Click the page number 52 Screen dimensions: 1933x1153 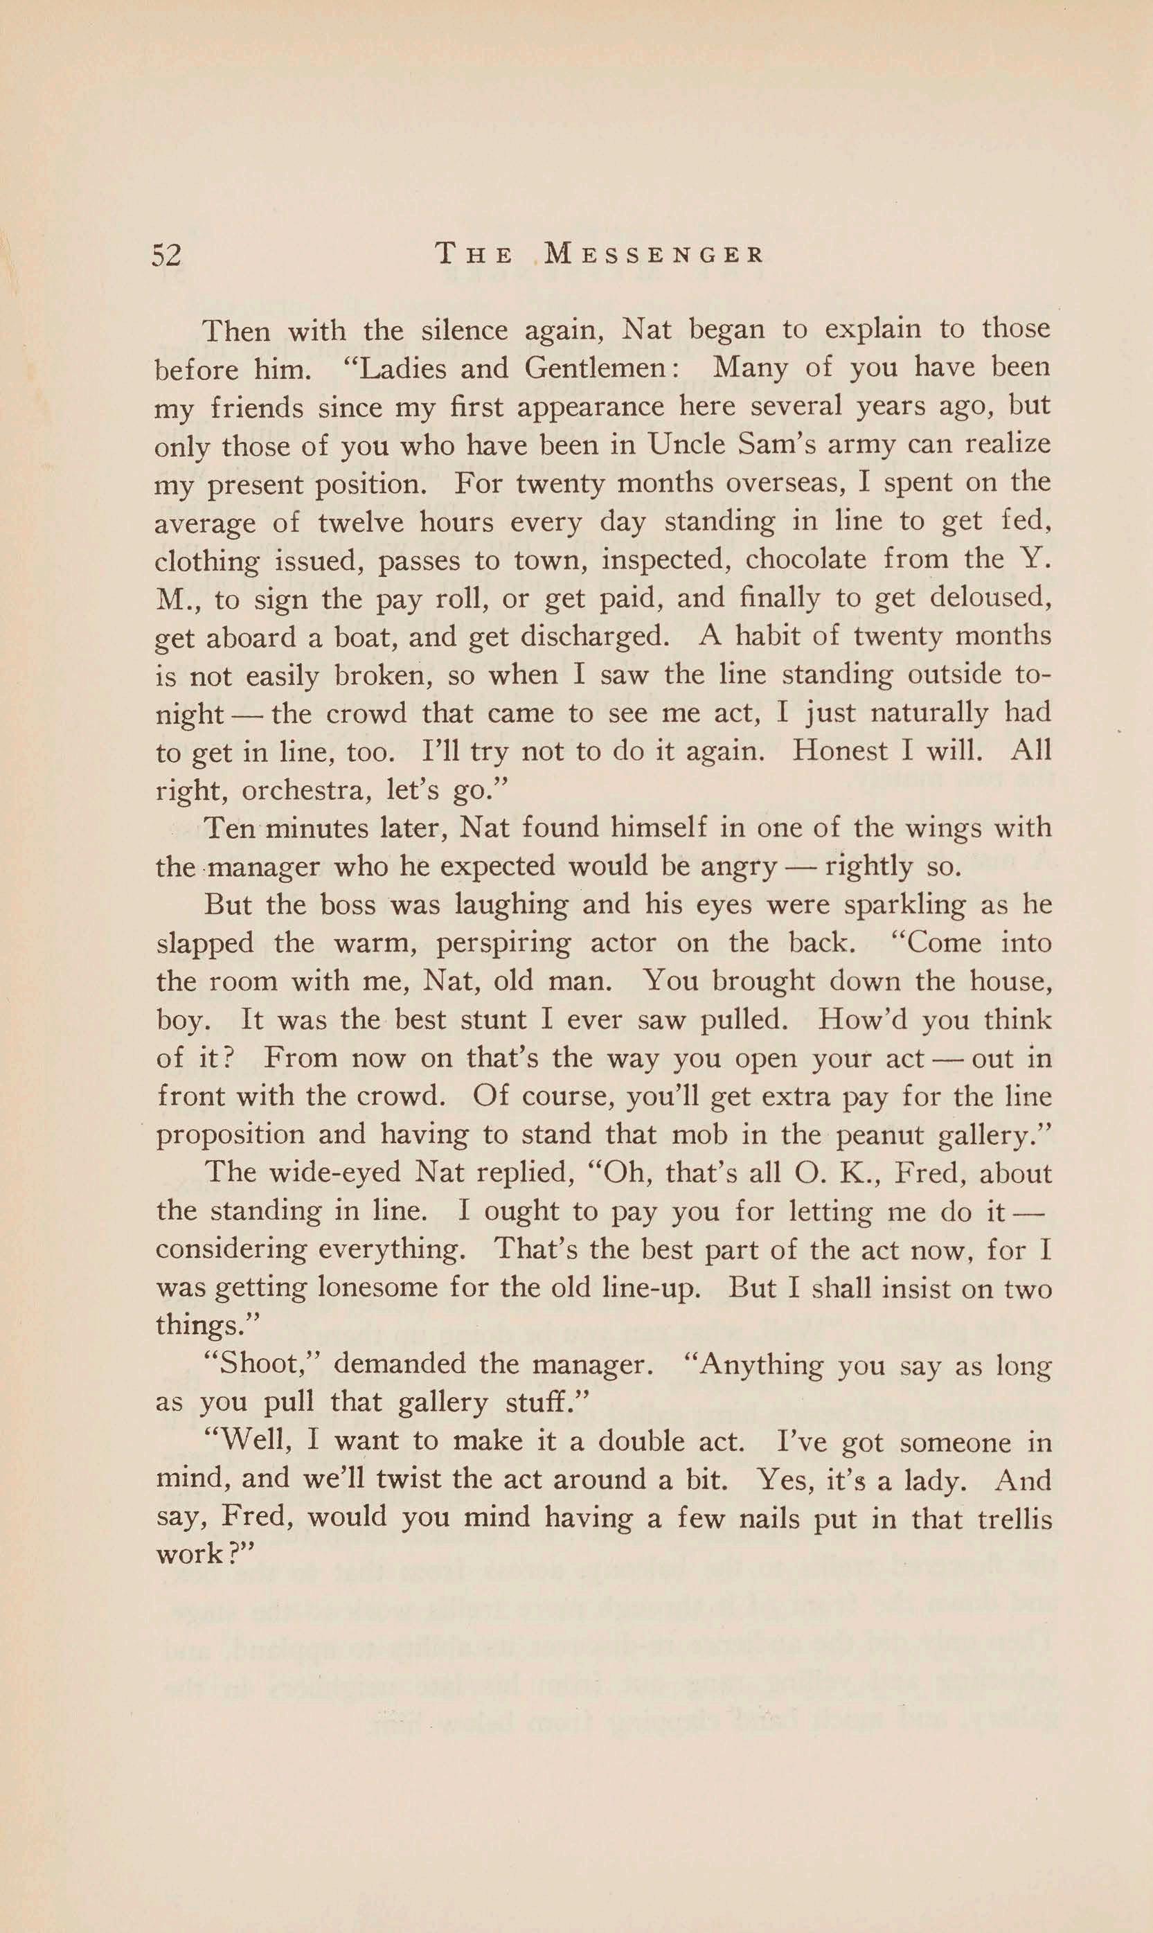coord(166,255)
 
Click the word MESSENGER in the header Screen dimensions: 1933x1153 coord(654,255)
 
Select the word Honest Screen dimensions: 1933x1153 coord(840,751)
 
